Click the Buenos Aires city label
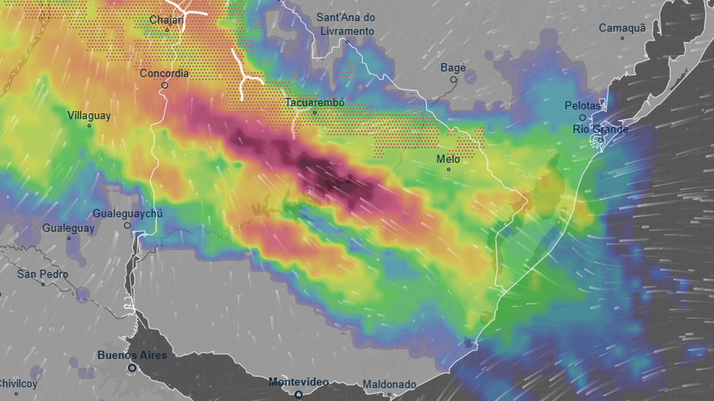click(x=132, y=355)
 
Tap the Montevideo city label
click(x=298, y=382)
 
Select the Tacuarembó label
click(x=315, y=102)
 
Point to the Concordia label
click(x=164, y=74)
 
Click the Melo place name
click(x=448, y=159)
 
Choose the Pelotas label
click(x=583, y=106)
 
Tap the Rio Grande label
click(x=600, y=129)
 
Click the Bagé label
click(x=453, y=68)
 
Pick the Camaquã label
click(x=622, y=28)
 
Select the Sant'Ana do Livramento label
click(x=347, y=24)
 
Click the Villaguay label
click(x=89, y=116)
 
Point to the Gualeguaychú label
click(x=127, y=214)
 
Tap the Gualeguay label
click(x=68, y=228)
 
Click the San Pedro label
click(x=42, y=274)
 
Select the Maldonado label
click(x=389, y=384)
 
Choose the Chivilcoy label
click(x=18, y=384)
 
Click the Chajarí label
click(x=167, y=20)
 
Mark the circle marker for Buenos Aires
click(x=132, y=368)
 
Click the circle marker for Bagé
click(x=453, y=79)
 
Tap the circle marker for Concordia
click(x=164, y=85)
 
